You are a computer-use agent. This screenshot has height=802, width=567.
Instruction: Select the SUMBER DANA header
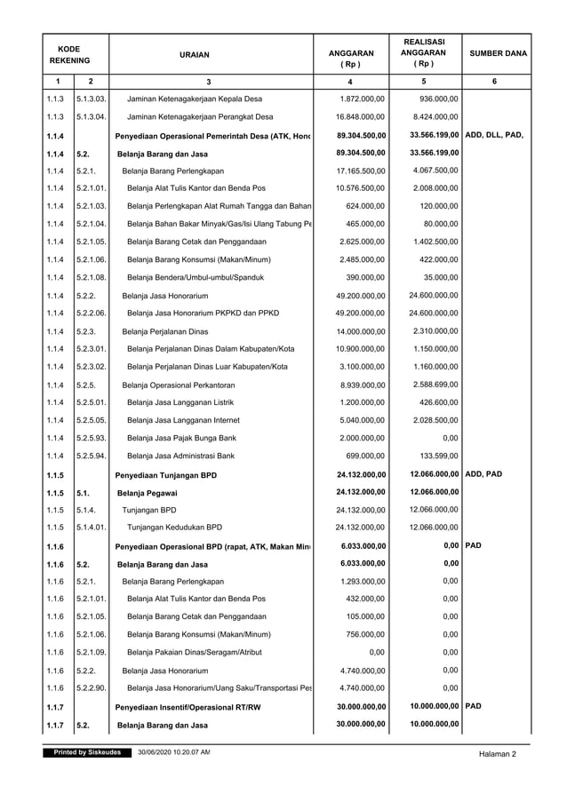[x=495, y=54]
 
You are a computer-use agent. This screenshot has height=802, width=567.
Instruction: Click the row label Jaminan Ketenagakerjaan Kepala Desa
[x=200, y=98]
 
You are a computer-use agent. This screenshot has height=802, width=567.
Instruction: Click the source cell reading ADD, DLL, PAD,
[x=494, y=135]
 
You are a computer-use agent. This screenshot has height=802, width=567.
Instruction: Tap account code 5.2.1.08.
[x=92, y=278]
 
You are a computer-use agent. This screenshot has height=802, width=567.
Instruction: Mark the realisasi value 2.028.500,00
[x=435, y=420]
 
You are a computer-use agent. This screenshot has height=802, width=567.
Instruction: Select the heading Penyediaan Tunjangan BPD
[x=168, y=474]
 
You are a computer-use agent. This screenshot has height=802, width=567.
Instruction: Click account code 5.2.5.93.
[x=92, y=438]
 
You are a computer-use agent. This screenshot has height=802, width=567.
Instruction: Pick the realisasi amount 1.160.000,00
[x=435, y=366]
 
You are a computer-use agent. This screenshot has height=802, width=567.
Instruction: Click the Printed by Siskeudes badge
[x=87, y=753]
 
